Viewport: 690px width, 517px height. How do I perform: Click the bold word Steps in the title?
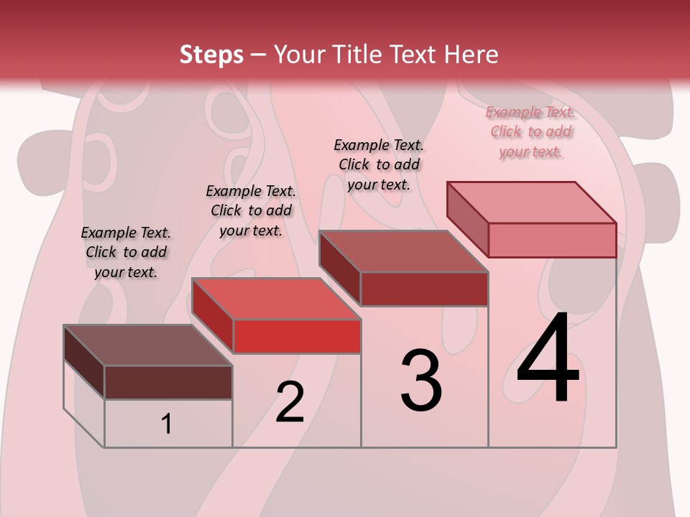click(211, 55)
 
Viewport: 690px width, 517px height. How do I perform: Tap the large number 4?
click(548, 359)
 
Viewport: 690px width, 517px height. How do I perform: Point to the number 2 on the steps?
click(290, 402)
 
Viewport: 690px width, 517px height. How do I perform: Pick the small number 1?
click(167, 424)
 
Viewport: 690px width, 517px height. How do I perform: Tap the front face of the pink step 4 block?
click(552, 240)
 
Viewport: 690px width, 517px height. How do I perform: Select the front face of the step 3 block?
click(424, 289)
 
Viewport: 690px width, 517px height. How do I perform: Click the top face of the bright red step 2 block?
click(276, 299)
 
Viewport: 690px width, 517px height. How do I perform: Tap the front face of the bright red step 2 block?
click(296, 336)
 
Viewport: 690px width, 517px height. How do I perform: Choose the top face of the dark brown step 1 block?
click(148, 345)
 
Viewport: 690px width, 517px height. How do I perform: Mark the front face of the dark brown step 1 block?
click(168, 382)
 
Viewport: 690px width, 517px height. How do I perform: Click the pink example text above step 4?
click(530, 131)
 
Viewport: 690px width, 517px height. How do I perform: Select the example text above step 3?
click(379, 164)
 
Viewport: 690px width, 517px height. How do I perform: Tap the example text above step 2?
click(251, 210)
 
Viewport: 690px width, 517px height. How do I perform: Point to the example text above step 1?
click(126, 252)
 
